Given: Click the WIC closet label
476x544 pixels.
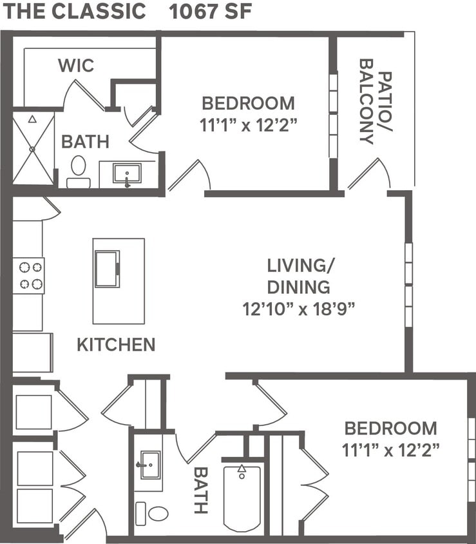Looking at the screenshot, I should click(76, 65).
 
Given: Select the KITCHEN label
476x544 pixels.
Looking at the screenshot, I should click(116, 344).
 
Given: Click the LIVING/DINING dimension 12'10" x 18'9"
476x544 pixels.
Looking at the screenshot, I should click(299, 308).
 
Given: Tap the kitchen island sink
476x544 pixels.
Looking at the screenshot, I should click(107, 269).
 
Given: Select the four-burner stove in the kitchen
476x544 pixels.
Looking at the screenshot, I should click(29, 275).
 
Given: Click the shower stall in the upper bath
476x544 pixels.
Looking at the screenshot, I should click(33, 148).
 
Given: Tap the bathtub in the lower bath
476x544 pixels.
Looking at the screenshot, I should click(242, 496).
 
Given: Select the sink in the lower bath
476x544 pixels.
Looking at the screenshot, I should click(149, 465).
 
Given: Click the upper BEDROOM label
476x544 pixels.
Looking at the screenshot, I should click(248, 103).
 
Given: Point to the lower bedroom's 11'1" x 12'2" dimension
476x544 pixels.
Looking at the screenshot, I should click(390, 450).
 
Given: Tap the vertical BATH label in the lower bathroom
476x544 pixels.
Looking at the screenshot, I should click(201, 490).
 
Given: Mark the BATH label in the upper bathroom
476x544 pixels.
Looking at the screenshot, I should click(85, 142).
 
